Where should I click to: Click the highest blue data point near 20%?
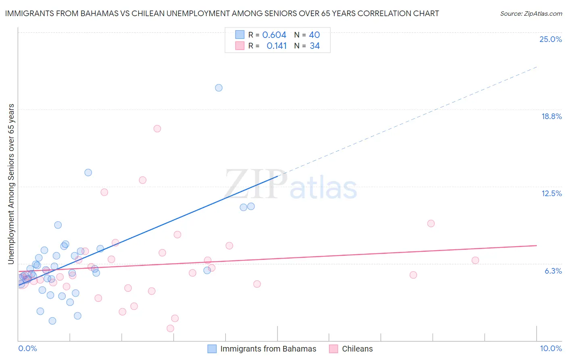[x=219, y=88]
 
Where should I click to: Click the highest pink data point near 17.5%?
[x=157, y=129]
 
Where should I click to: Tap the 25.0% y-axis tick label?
[x=550, y=39]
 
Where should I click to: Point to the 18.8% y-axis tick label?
[x=551, y=116]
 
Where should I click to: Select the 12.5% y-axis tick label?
[x=551, y=193]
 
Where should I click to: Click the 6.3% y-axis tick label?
[x=553, y=271]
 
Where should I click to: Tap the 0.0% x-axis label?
[x=27, y=348]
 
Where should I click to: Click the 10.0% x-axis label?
[x=550, y=348]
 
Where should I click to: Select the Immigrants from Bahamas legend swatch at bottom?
[x=212, y=349]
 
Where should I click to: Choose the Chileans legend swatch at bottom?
[x=334, y=349]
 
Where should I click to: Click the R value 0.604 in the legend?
[x=274, y=35]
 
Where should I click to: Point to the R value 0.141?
[x=277, y=46]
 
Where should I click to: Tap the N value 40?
[x=314, y=35]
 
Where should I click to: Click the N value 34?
[x=315, y=46]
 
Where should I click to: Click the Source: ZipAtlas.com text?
[x=531, y=13]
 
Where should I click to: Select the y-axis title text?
[x=11, y=184]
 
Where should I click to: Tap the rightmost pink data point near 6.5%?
[x=475, y=260]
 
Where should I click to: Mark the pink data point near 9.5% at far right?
[x=431, y=223]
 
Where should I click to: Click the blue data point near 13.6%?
[x=88, y=172]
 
